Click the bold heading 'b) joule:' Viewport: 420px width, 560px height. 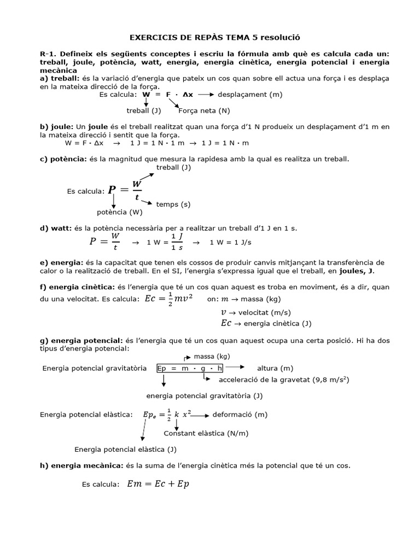point(56,126)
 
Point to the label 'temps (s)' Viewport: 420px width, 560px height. point(173,204)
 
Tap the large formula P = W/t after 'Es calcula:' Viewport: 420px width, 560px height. point(124,190)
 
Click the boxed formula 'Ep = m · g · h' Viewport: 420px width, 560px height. point(190,368)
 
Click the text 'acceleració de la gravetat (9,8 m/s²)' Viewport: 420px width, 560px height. point(284,379)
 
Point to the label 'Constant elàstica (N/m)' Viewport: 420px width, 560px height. point(206,433)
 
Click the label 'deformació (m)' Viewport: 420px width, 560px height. point(240,415)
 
